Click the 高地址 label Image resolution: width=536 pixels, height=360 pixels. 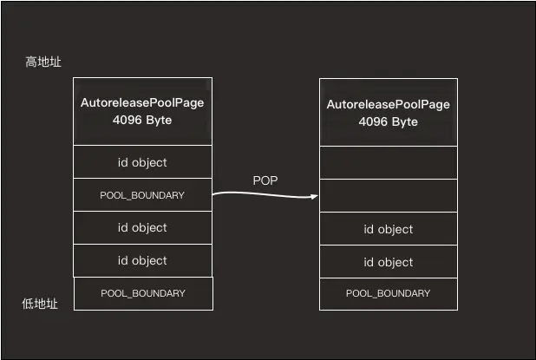pos(43,62)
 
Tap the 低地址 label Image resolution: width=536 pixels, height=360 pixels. pos(40,304)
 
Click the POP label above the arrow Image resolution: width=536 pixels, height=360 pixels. pos(265,180)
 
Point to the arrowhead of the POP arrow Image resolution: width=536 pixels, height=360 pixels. pos(315,196)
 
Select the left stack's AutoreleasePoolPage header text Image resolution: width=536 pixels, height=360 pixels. pos(142,102)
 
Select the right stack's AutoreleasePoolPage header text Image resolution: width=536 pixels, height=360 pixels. pos(389,104)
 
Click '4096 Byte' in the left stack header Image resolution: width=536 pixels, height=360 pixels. pos(142,120)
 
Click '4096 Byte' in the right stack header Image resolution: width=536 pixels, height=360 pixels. pos(389,121)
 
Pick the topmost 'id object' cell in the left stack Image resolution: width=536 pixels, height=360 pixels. pos(142,161)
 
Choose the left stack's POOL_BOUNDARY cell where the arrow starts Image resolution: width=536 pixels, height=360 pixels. pos(142,195)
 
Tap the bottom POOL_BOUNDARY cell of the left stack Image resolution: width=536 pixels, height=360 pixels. pos(144,294)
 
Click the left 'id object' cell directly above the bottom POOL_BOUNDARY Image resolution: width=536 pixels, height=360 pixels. pos(142,260)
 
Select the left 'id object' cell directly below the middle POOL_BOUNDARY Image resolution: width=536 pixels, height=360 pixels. pos(142,227)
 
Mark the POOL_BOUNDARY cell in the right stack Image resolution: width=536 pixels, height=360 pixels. pos(389,294)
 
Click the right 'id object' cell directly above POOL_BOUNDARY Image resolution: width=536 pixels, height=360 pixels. pos(389,261)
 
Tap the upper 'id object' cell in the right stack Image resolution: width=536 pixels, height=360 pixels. pos(389,229)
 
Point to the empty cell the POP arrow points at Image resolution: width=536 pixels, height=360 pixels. pos(389,195)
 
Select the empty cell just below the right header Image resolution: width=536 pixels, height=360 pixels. pos(389,163)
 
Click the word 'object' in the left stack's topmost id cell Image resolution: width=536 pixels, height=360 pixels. pos(149,163)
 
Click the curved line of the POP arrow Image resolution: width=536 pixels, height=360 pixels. pos(265,195)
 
